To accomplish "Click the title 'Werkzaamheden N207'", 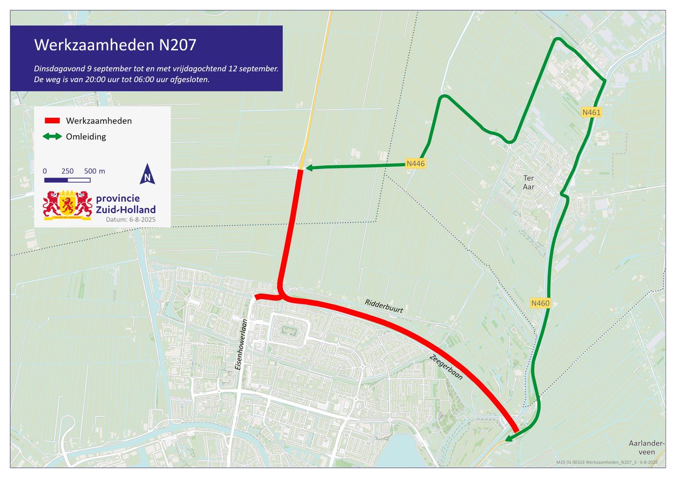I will point(115,44).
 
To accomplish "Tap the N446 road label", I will point(415,163).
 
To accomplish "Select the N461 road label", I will point(592,113).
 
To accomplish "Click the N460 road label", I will point(540,303).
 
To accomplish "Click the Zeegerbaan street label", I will point(446,367).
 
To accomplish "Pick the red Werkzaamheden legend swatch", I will point(52,121).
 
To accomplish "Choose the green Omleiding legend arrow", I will point(52,136).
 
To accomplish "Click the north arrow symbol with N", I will point(147,174).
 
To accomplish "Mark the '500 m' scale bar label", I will point(94,171).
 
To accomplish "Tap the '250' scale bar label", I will point(68,171).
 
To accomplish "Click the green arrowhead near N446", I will point(309,167).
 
